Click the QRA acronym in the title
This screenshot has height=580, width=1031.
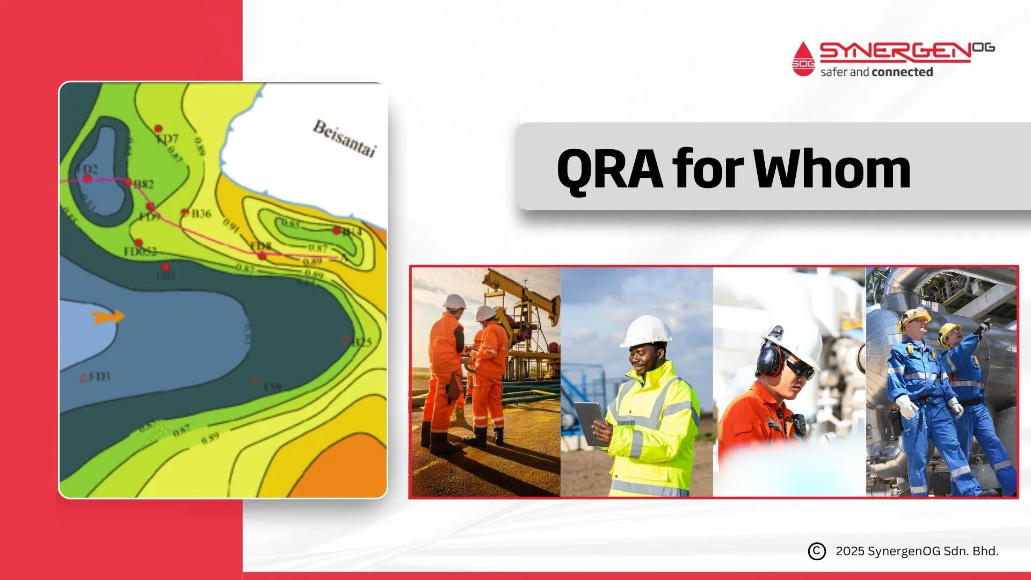(609, 170)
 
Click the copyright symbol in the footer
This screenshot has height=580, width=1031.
(816, 552)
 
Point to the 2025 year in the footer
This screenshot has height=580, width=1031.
(850, 552)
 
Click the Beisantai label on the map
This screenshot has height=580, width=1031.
(344, 138)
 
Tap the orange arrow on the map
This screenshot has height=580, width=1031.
(108, 317)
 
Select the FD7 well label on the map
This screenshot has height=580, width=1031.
(167, 139)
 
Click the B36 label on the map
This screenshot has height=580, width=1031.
(201, 214)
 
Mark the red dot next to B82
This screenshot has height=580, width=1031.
(128, 182)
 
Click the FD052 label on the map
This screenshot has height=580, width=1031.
(140, 251)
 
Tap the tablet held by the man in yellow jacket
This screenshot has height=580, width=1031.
(589, 422)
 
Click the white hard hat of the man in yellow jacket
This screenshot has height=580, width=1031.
(647, 331)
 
